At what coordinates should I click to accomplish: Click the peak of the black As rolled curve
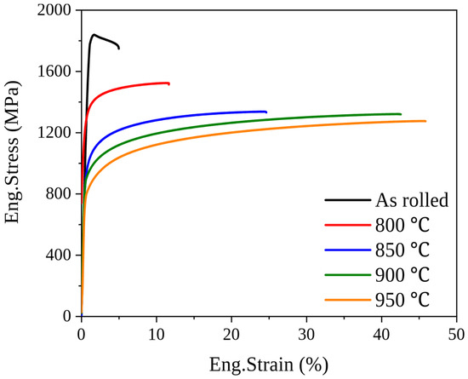[94, 35]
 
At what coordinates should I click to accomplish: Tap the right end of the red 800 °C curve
[169, 84]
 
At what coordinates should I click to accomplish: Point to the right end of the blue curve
[266, 112]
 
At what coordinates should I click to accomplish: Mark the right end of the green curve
[401, 114]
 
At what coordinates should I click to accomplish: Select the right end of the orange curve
[425, 121]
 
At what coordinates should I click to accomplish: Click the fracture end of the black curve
[119, 49]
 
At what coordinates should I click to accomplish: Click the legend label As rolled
[412, 200]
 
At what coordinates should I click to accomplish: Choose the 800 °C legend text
[402, 225]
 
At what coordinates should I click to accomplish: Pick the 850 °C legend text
[402, 250]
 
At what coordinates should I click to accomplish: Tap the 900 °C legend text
[402, 275]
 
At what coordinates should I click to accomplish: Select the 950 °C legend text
[402, 300]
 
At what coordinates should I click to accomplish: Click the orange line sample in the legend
[348, 300]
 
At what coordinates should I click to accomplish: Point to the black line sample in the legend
[348, 200]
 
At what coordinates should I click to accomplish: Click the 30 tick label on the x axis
[306, 335]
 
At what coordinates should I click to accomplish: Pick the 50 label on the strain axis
[456, 335]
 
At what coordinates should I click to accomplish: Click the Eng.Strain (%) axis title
[269, 365]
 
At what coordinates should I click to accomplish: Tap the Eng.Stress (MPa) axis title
[13, 152]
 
